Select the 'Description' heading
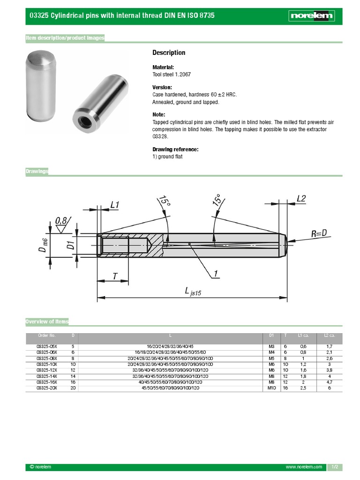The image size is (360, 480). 169,53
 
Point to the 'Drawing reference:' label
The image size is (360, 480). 175,150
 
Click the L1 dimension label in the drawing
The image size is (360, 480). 115,204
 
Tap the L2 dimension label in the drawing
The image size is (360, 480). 301,199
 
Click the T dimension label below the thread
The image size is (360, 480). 115,277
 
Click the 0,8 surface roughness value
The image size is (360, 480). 61,220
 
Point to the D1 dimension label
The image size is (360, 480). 71,245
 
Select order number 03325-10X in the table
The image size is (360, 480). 46,364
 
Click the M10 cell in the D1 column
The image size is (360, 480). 271,388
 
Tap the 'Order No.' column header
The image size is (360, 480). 46,335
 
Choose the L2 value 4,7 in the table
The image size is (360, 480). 329,382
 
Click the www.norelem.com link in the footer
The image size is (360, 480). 304,467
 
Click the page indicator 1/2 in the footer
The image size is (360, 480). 335,467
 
